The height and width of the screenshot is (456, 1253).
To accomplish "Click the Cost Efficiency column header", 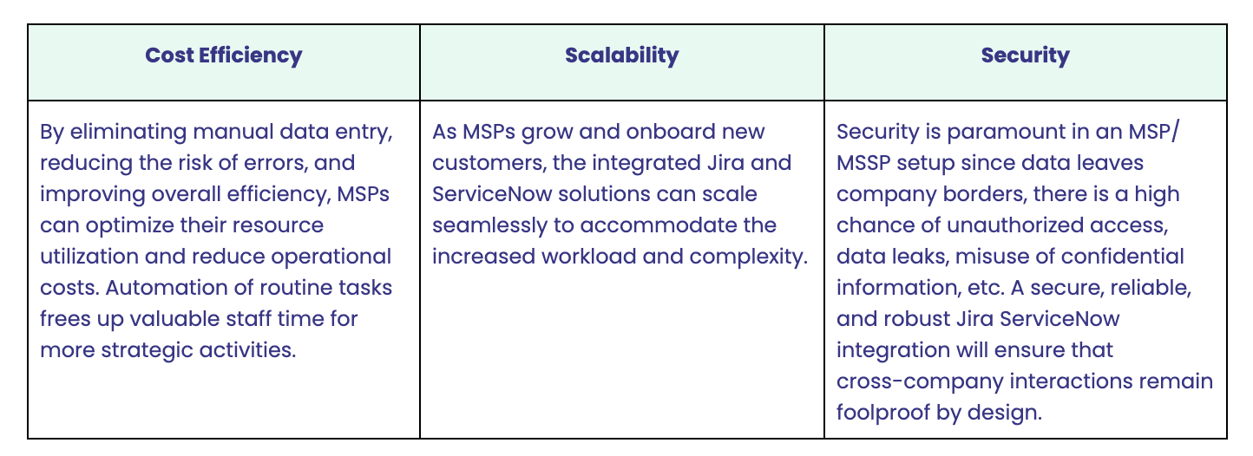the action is point(224,55).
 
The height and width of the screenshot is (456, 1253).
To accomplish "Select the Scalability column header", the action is point(622,55).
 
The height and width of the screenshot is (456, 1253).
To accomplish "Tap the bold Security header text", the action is point(1026,55).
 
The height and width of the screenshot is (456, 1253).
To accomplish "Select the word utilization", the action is point(89,257).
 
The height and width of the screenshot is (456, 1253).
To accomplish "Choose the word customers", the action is point(489,163).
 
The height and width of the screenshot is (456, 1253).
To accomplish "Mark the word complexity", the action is point(749,257).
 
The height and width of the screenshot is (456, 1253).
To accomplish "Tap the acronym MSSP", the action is point(863,163).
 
